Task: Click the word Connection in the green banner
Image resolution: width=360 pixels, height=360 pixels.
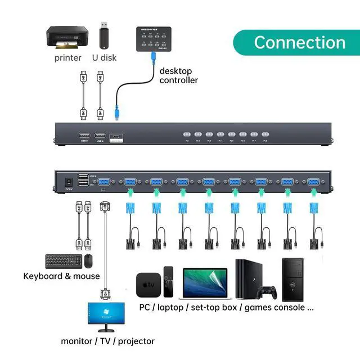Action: click(x=299, y=42)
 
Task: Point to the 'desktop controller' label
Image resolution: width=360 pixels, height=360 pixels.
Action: click(x=178, y=75)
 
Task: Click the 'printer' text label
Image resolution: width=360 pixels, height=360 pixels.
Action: click(x=68, y=57)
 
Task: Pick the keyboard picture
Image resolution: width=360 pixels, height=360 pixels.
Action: click(x=63, y=261)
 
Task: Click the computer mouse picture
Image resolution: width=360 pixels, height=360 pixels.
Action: click(x=88, y=261)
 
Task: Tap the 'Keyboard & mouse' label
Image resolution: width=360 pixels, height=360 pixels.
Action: click(x=61, y=276)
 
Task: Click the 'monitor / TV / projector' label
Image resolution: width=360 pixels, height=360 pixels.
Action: click(x=107, y=341)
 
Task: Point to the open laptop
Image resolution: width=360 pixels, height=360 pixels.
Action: click(x=205, y=282)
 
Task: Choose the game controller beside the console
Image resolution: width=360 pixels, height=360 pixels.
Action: click(x=267, y=293)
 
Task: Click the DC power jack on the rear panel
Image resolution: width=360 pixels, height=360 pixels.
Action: click(x=69, y=182)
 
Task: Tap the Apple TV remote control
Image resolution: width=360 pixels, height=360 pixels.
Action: click(x=168, y=282)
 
